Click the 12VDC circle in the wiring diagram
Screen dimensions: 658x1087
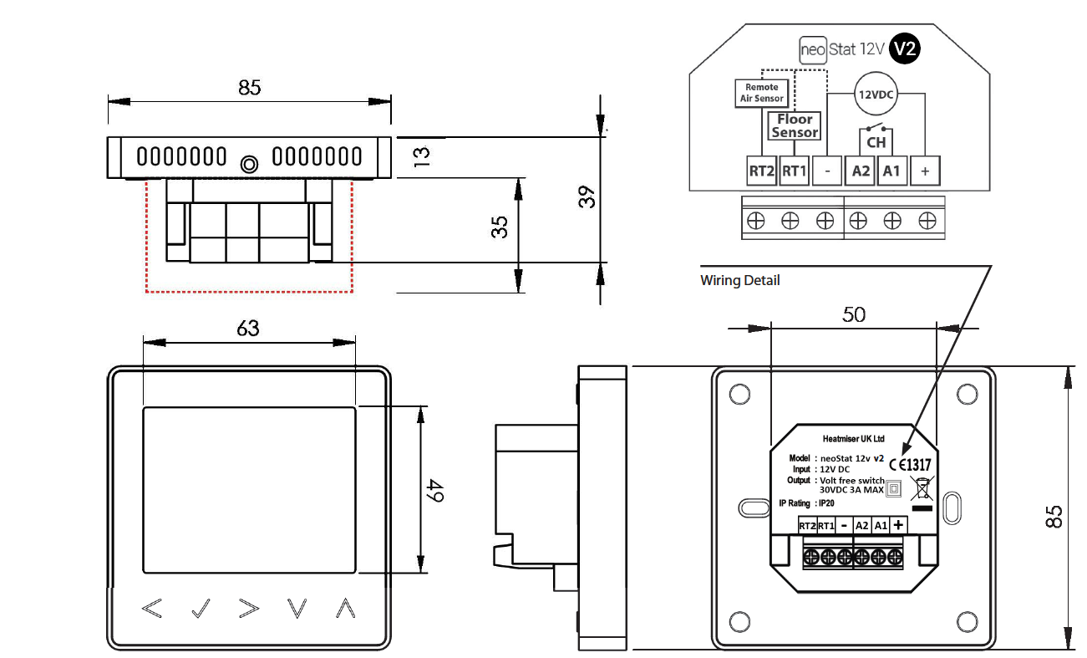coord(875,94)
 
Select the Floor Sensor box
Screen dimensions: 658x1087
coord(795,126)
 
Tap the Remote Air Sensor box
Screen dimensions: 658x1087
coord(761,92)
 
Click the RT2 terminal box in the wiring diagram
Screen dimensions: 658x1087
coord(761,171)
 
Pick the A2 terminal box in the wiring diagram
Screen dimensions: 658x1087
coord(860,171)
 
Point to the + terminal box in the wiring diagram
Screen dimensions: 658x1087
coord(925,171)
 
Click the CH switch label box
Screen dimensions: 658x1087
coord(875,142)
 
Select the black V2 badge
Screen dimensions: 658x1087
coord(904,49)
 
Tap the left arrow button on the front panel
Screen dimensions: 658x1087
coord(151,609)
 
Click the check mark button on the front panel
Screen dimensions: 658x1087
coord(201,609)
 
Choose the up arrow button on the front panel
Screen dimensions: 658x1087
coord(345,609)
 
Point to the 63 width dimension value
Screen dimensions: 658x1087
coord(248,329)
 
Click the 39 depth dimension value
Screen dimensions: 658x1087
coord(588,196)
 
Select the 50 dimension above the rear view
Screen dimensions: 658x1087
coord(854,314)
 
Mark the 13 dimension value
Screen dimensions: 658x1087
coord(421,156)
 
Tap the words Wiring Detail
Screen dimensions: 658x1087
coord(739,281)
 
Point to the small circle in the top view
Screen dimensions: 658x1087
coord(247,165)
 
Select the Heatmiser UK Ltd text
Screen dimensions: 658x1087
coord(853,439)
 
